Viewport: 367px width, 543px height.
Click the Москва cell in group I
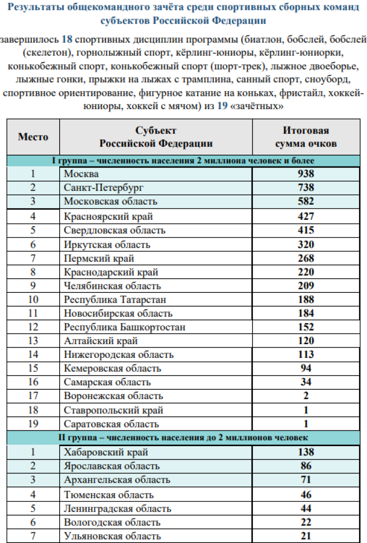click(81, 174)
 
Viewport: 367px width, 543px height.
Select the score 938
click(306, 174)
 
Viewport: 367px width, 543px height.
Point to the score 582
click(306, 201)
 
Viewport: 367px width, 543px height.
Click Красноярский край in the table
click(108, 216)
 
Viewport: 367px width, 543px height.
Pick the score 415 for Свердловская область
click(306, 230)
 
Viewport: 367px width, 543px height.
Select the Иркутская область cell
click(107, 244)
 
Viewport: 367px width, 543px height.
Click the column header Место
click(33, 137)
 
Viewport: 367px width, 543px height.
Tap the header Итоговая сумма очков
click(306, 137)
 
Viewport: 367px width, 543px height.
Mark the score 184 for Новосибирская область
click(306, 313)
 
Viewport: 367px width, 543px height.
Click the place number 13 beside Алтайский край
click(33, 341)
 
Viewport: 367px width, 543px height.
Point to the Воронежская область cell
click(114, 396)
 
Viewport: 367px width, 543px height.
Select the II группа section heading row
click(183, 437)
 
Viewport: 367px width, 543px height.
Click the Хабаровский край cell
click(106, 452)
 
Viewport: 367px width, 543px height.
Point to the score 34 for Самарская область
click(306, 382)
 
